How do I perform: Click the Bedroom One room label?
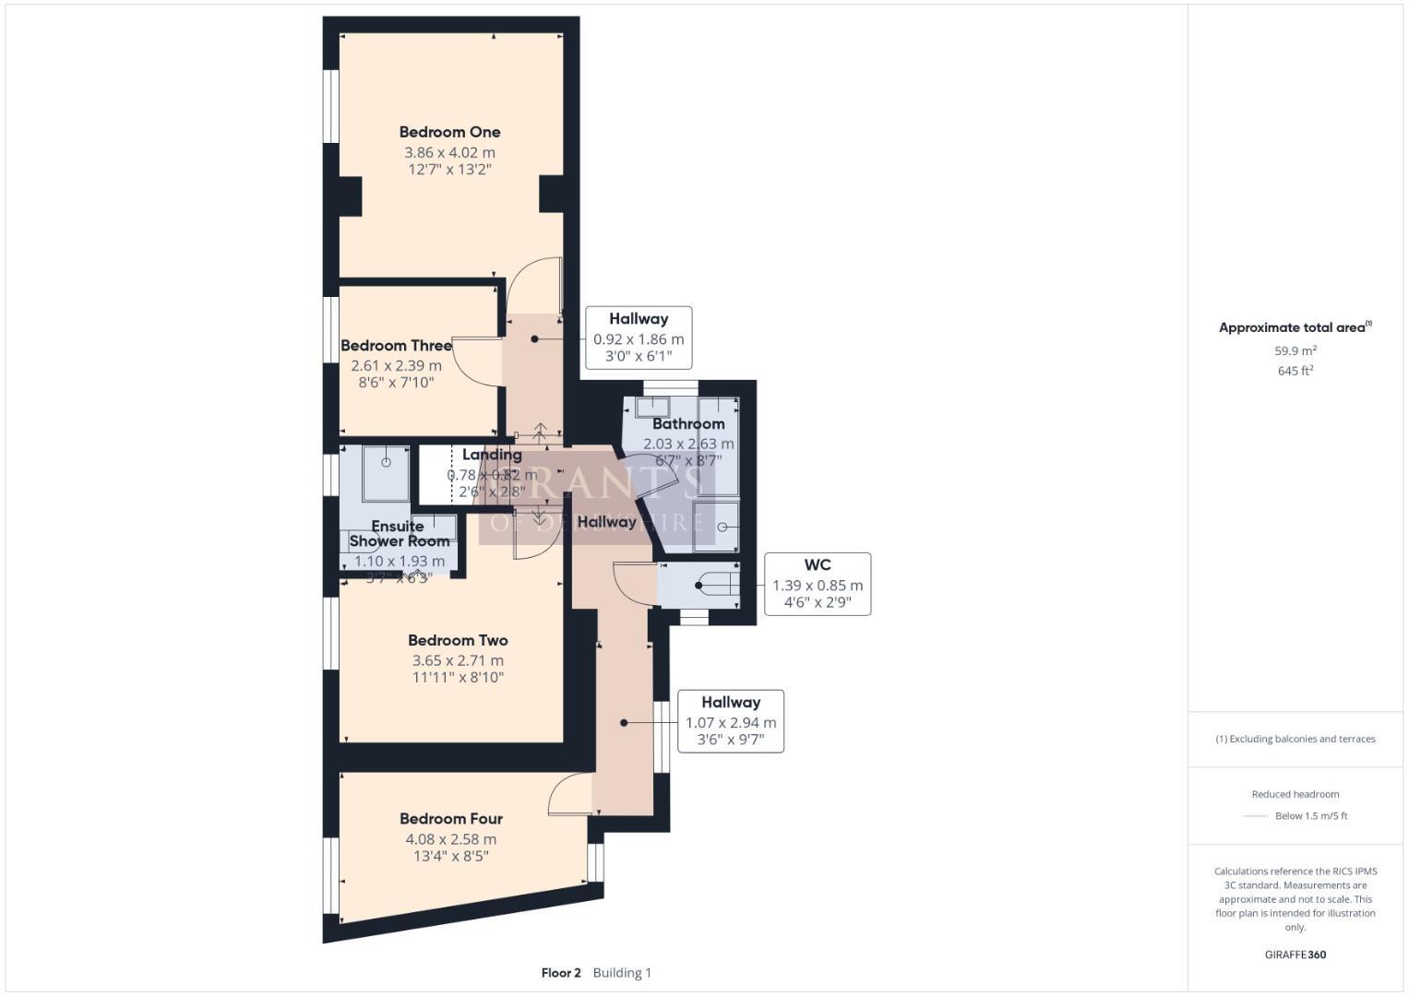tap(449, 132)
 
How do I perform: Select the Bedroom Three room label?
tap(396, 346)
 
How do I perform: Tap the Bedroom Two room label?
tap(458, 640)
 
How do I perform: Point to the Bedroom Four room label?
tap(450, 819)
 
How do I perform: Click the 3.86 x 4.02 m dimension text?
tap(449, 153)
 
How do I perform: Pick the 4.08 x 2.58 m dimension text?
tap(450, 839)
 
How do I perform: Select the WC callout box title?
tap(817, 565)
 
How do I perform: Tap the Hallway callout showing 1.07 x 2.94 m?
tap(731, 722)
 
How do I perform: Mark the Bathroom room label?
tap(688, 424)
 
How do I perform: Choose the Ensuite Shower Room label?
tap(399, 534)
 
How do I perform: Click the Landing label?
tap(492, 455)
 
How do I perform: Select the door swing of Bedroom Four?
tap(569, 794)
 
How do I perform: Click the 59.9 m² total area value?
tap(1296, 351)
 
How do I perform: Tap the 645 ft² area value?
tap(1296, 371)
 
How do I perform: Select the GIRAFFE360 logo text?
tap(1296, 954)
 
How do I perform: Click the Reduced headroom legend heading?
tap(1296, 794)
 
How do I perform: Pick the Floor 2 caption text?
tap(561, 973)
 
